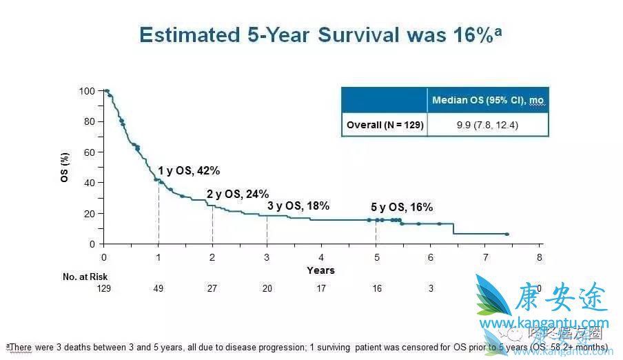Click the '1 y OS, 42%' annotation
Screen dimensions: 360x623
click(x=189, y=171)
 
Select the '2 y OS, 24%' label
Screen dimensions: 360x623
click(x=238, y=194)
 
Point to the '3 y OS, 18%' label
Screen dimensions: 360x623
click(x=298, y=206)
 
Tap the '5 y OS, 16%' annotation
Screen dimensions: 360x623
click(x=402, y=207)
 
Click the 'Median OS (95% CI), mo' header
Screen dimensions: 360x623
click(x=488, y=101)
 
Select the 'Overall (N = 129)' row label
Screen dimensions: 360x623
click(x=385, y=125)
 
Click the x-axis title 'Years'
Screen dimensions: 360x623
click(x=320, y=270)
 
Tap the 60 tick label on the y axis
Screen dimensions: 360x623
click(x=89, y=152)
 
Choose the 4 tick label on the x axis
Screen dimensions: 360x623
click(x=321, y=258)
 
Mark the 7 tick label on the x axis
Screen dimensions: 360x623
click(x=485, y=258)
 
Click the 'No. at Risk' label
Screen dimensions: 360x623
click(x=85, y=277)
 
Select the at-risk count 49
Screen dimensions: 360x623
click(x=159, y=289)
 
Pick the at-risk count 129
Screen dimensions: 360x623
click(x=103, y=289)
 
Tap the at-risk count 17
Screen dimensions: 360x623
click(x=321, y=289)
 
